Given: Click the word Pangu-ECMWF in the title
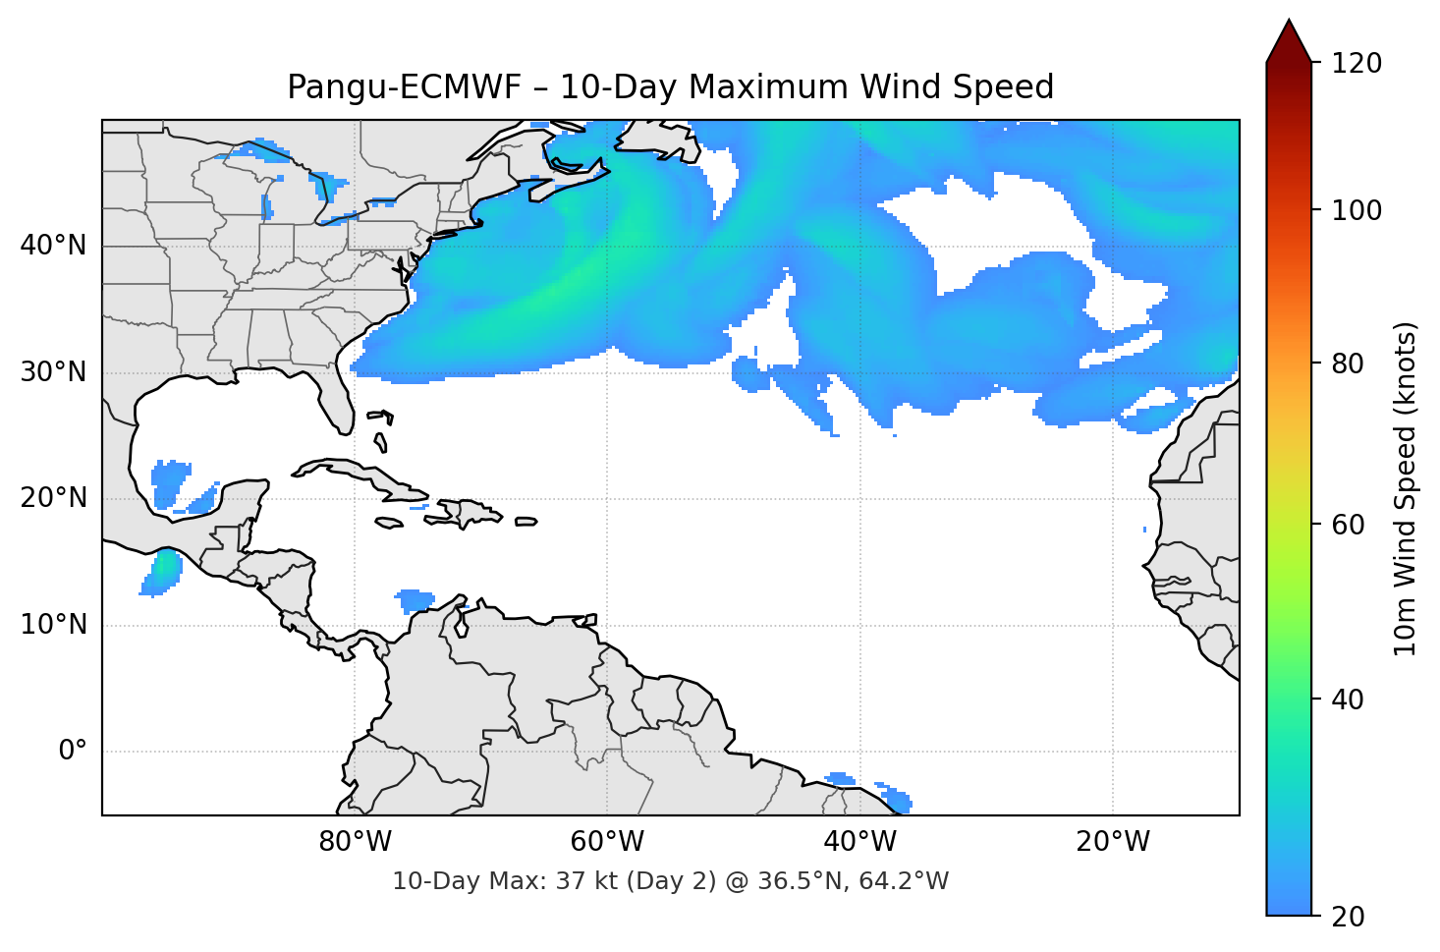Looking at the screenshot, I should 404,87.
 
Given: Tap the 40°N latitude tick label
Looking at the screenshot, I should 53,245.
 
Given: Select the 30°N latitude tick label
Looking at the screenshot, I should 53,372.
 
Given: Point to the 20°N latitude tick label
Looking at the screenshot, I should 53,498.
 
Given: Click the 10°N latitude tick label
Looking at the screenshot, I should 53,625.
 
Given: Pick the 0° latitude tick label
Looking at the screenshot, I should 73,752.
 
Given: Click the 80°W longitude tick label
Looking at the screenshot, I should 355,842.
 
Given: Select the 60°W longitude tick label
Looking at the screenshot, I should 607,842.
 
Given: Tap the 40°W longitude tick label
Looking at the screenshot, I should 859,842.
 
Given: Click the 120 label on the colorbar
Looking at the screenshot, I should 1357,63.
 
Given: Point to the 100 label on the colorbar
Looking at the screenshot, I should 1357,210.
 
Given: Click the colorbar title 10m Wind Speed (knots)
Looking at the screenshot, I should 1406,488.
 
